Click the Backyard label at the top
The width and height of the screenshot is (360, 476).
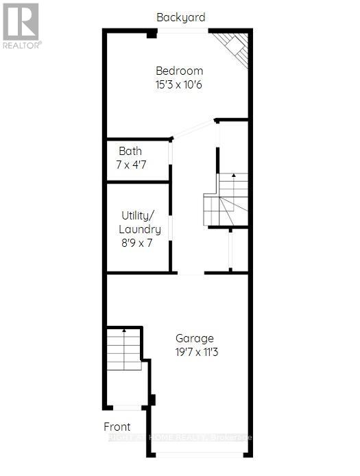(180, 17)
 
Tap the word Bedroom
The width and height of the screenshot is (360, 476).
(180, 71)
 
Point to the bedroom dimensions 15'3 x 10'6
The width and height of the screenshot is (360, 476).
(180, 85)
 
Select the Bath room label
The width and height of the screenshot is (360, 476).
(130, 151)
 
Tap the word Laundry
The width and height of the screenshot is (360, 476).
(140, 229)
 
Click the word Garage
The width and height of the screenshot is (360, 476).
(195, 338)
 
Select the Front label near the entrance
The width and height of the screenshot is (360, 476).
(117, 427)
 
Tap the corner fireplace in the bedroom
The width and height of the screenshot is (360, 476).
(232, 47)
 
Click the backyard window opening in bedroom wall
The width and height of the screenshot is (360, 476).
(182, 31)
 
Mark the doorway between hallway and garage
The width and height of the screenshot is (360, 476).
(191, 273)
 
